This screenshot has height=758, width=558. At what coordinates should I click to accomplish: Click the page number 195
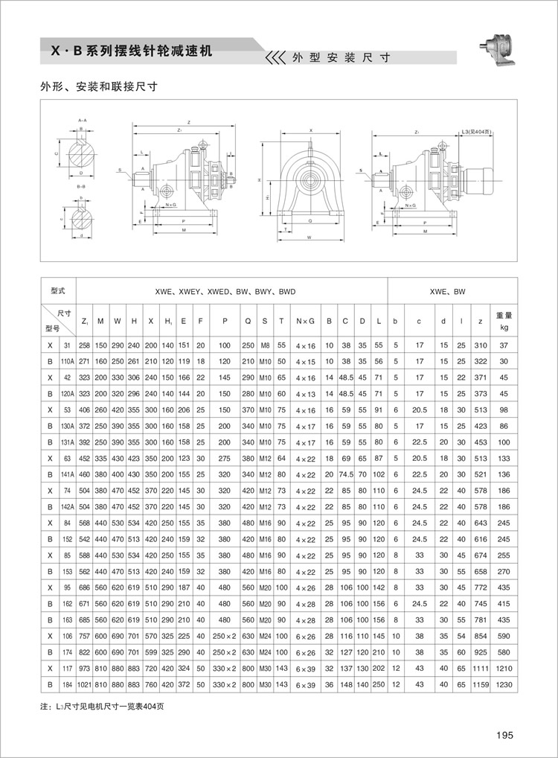point(504,735)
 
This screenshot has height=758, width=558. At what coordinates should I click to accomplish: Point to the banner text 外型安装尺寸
point(341,57)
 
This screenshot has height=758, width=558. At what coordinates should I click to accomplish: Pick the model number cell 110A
point(67,360)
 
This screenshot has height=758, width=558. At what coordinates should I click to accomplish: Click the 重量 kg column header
point(503,321)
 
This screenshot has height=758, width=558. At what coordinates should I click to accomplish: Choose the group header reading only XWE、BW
point(448,292)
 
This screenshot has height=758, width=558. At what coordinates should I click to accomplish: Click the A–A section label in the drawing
point(81,120)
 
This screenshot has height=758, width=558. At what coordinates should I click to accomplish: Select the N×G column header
point(306,321)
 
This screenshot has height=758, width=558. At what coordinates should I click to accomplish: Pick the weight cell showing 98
point(503,410)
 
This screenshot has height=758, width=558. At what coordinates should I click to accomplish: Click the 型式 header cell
point(58,291)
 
